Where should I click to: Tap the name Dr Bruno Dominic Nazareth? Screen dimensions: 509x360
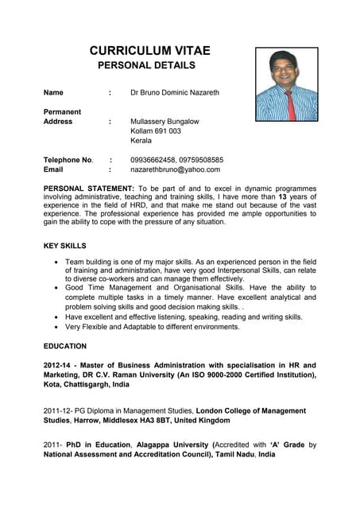coord(174,93)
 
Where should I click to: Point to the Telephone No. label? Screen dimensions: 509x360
coord(68,160)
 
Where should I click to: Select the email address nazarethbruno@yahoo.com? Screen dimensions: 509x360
coord(175,169)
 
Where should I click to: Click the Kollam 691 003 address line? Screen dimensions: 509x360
coord(155,131)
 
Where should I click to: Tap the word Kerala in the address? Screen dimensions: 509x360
coord(141,141)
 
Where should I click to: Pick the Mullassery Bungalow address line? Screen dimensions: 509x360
coord(165,122)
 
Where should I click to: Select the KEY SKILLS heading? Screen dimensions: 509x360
coord(64,246)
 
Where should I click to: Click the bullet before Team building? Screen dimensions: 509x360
coord(54,262)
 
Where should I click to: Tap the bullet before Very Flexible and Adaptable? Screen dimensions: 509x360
coord(54,327)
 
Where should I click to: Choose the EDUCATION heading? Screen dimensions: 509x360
coord(65,347)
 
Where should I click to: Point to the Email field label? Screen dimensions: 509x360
coord(53,169)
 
